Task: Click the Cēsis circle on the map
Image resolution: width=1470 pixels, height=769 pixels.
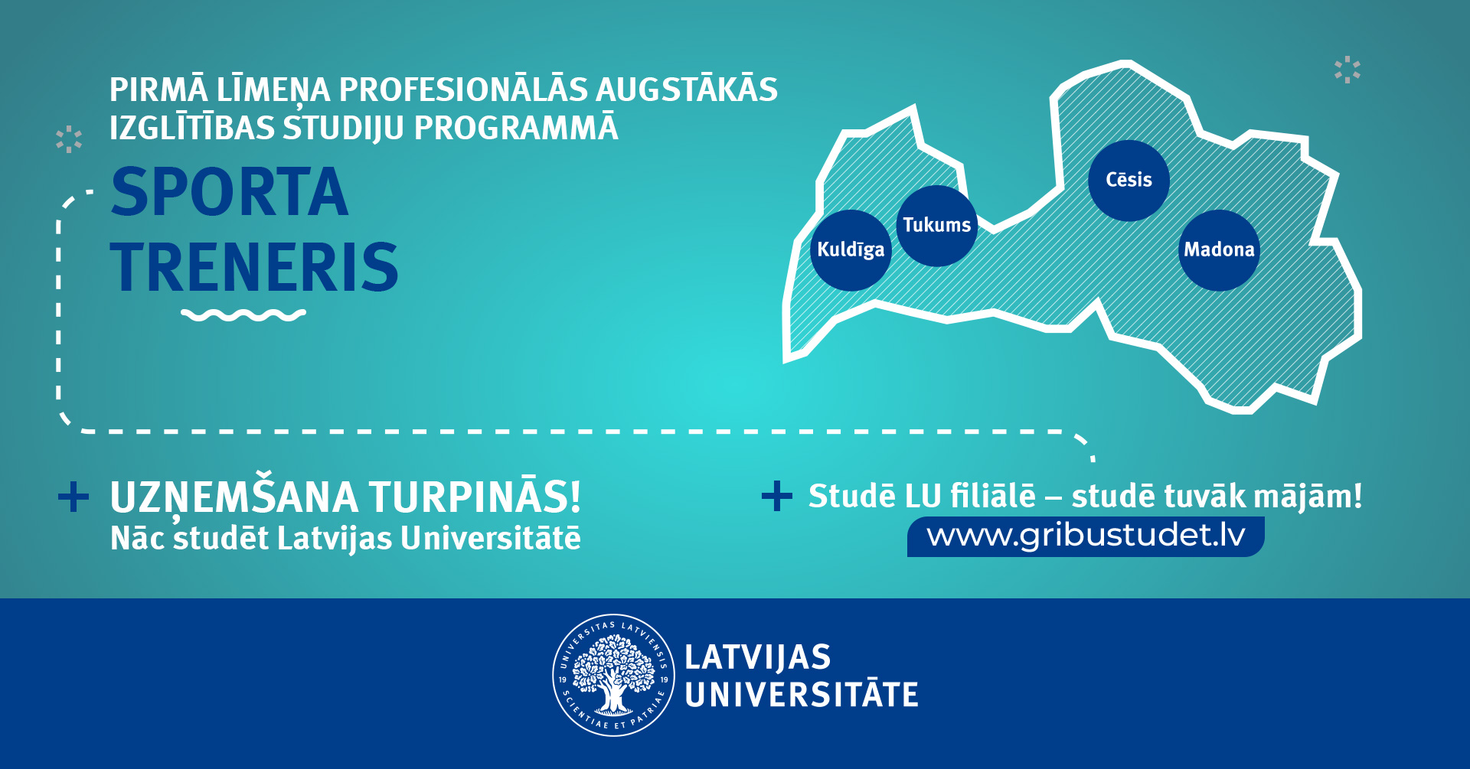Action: click(1129, 181)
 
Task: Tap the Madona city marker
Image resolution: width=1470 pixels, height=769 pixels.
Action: click(1219, 250)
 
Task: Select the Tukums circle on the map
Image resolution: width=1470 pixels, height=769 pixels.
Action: click(936, 226)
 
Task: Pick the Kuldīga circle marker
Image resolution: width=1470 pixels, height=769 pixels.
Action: click(851, 250)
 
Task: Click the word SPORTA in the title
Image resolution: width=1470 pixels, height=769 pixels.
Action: click(230, 192)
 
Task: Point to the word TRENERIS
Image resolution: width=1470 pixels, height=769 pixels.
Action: click(254, 267)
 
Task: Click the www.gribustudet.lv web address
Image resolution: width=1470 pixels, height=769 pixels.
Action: click(1086, 535)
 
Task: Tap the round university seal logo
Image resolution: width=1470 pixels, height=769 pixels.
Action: click(614, 675)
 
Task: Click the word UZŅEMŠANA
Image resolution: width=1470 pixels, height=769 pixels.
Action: click(234, 498)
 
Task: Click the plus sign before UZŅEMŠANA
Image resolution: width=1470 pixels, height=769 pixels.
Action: click(73, 497)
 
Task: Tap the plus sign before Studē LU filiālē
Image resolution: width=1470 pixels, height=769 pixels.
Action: click(777, 496)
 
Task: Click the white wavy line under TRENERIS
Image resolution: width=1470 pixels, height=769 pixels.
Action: click(243, 314)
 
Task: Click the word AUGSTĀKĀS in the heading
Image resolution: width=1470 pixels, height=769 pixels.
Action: click(687, 89)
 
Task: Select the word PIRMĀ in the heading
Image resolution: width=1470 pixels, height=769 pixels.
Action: click(158, 89)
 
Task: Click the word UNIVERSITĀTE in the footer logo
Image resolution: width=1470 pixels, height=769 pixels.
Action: click(802, 695)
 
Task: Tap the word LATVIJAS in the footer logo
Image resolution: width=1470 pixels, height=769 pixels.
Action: click(758, 657)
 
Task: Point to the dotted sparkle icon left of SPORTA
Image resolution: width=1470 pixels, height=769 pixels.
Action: click(69, 139)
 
